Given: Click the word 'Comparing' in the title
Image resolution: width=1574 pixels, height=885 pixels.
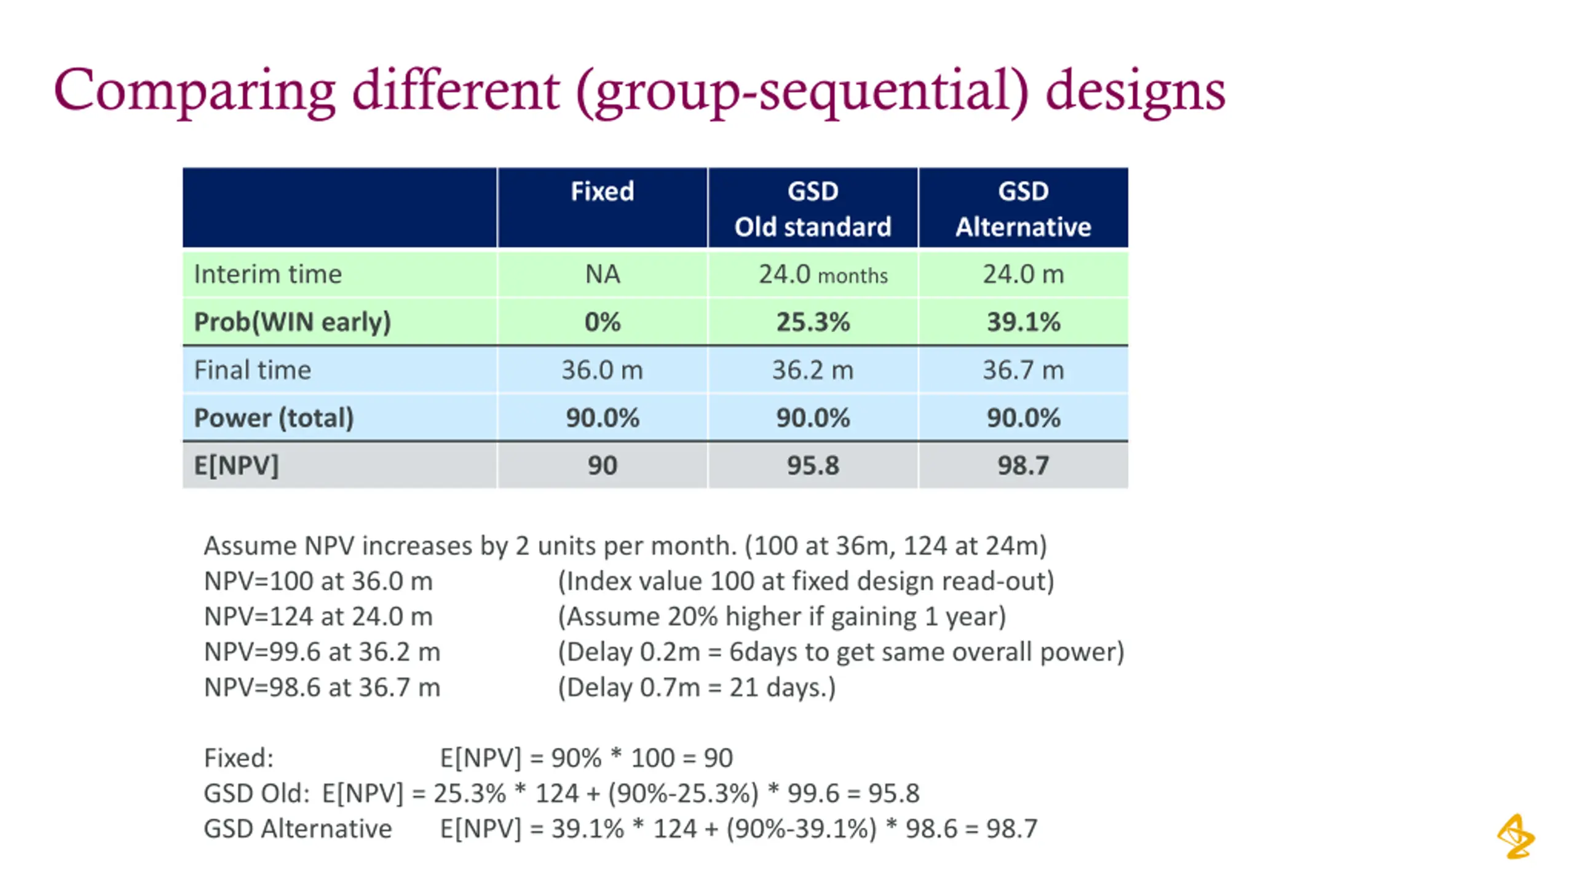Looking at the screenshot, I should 194,91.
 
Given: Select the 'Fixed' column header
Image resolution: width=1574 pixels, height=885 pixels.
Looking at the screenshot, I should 602,191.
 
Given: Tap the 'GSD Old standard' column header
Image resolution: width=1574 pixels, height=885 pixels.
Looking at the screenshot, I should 812,208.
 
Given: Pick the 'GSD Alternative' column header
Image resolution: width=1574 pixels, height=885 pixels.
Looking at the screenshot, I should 1023,208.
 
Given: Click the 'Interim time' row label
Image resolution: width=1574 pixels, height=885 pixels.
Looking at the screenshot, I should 267,274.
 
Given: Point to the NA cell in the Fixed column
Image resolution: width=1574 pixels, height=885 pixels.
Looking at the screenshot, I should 602,274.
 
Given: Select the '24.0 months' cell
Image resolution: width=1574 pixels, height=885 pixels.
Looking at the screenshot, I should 823,274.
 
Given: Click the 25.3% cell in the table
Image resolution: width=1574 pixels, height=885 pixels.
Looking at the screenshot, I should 812,322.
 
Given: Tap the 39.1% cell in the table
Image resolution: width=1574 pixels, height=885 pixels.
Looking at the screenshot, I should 1023,322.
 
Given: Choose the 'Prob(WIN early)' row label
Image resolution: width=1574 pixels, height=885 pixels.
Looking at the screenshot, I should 292,322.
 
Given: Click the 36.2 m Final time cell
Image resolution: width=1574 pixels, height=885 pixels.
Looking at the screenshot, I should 812,370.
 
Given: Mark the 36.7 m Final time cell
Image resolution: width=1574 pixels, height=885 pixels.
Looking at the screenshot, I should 1023,370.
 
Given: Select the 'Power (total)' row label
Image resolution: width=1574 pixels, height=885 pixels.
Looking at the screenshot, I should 274,418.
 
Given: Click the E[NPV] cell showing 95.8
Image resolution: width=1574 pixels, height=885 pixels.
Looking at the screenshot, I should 812,465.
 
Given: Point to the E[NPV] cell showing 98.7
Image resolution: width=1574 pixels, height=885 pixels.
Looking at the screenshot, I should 1023,465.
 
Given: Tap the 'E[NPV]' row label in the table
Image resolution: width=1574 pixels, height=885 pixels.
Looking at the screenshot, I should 236,465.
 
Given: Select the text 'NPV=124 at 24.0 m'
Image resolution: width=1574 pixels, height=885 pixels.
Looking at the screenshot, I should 318,616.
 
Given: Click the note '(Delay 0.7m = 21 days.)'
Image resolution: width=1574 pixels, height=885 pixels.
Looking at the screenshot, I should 697,687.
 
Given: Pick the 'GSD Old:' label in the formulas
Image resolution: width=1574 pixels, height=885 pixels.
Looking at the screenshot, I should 256,793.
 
